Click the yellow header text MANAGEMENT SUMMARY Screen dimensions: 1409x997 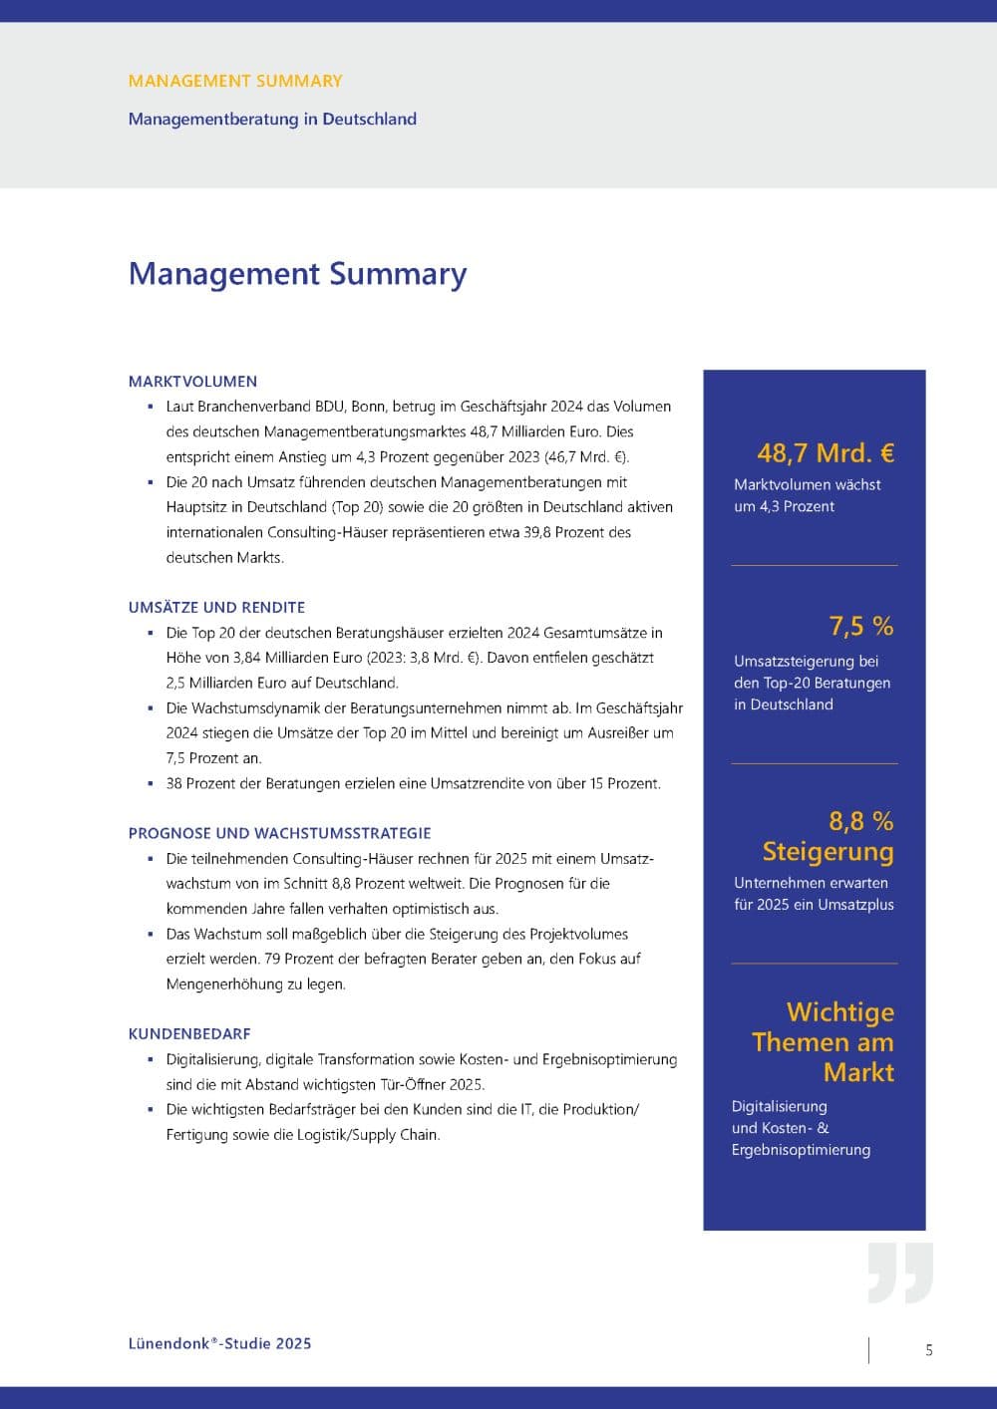pos(235,81)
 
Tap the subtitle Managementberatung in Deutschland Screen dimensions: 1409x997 pos(272,119)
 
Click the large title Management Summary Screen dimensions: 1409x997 pos(297,274)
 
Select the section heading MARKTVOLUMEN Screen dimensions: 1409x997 pos(192,381)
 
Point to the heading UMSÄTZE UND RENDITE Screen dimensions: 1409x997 pos(216,607)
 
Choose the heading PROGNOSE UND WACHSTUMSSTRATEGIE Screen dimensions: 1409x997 pos(279,833)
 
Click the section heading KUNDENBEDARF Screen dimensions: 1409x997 pos(189,1033)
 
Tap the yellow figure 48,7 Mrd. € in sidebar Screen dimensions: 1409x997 pos(826,453)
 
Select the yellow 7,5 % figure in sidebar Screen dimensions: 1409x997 pos(861,626)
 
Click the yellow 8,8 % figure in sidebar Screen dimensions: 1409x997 pos(861,821)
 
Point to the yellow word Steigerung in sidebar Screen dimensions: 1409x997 pos(828,852)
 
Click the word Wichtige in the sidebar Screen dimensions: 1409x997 pos(839,1012)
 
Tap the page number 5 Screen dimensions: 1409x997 pos(929,1350)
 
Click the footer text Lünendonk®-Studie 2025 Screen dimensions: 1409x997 pos(219,1343)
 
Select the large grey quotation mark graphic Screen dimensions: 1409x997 pos(900,1272)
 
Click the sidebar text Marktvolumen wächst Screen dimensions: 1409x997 pos(808,485)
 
